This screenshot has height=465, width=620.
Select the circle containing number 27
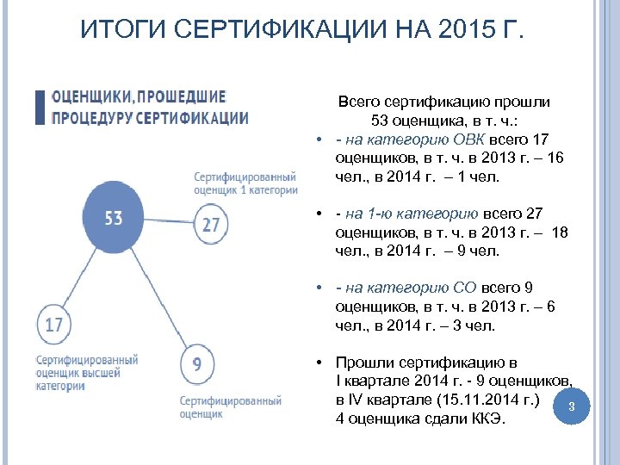click(211, 225)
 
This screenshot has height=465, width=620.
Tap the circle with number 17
click(54, 325)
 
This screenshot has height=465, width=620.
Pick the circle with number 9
click(197, 364)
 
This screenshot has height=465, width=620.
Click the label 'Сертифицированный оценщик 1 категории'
click(245, 183)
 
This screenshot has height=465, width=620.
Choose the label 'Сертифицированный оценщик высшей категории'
click(86, 373)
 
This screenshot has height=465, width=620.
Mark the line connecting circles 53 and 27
click(168, 221)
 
